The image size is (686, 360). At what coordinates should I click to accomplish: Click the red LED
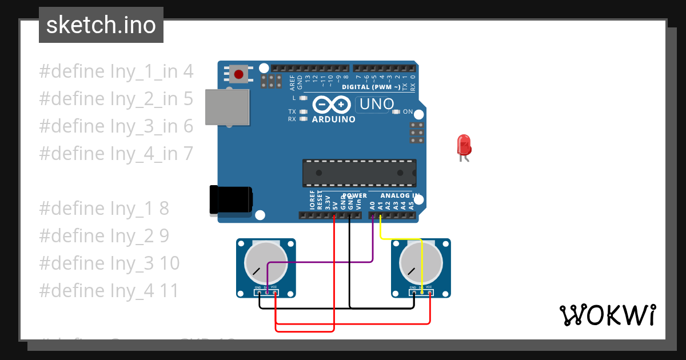pyautogui.click(x=463, y=145)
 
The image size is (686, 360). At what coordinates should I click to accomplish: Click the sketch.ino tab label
pyautogui.click(x=101, y=25)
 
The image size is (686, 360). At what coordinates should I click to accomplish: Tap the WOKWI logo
pyautogui.click(x=607, y=315)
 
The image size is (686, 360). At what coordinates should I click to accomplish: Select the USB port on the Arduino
pyautogui.click(x=228, y=107)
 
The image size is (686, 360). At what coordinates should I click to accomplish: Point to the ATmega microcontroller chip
pyautogui.click(x=359, y=173)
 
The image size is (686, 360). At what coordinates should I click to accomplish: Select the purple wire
pyautogui.click(x=320, y=262)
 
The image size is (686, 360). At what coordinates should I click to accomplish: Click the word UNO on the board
pyautogui.click(x=377, y=105)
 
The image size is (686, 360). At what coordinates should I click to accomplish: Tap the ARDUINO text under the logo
pyautogui.click(x=333, y=119)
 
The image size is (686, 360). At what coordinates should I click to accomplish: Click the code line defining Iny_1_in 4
pyautogui.click(x=116, y=71)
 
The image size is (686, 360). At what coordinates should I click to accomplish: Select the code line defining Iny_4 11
pyautogui.click(x=109, y=291)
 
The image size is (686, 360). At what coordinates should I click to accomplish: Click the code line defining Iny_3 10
pyautogui.click(x=109, y=263)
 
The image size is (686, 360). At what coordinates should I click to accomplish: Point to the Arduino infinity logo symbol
pyautogui.click(x=332, y=105)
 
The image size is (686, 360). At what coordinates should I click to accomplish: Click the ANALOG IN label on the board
pyautogui.click(x=400, y=196)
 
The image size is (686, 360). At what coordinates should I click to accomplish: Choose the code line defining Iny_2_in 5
pyautogui.click(x=116, y=99)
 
